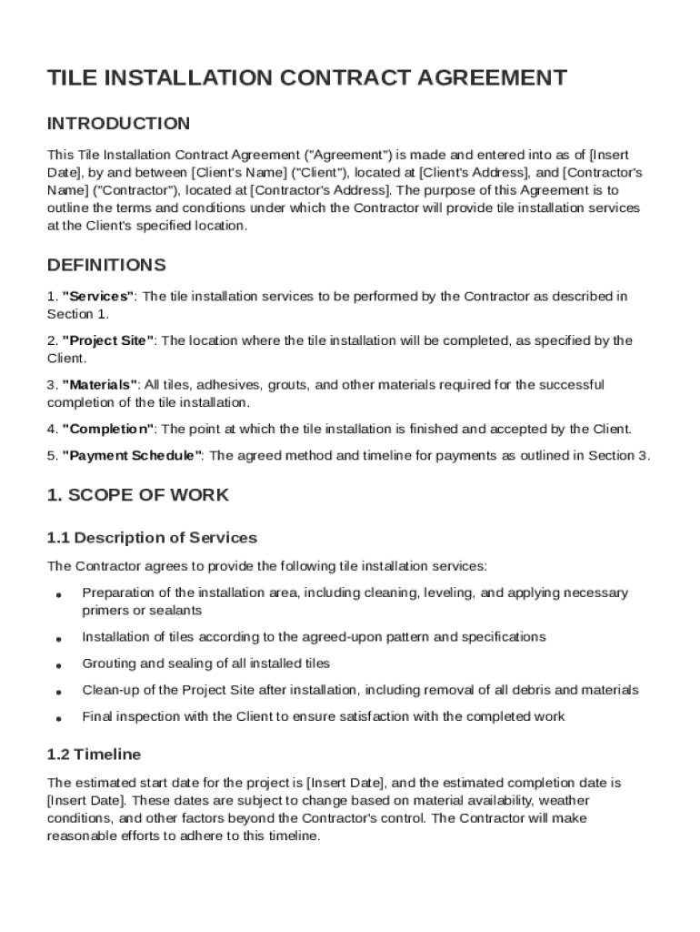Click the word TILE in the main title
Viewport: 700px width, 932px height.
71,78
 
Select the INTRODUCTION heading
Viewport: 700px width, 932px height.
118,124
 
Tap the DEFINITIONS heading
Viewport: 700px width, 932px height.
106,266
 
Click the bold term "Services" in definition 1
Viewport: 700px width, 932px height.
98,297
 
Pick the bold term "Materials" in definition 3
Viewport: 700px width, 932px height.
100,385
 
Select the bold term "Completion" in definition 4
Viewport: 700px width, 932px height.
108,429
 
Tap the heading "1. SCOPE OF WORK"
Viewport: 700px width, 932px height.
138,496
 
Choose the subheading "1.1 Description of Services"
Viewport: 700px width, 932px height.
152,538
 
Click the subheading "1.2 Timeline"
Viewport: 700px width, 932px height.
94,755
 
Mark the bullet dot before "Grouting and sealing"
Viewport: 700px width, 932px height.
58,665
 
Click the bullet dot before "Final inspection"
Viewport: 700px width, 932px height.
58,718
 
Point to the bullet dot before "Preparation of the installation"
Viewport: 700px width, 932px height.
58,594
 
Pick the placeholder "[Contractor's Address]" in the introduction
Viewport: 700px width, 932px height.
320,190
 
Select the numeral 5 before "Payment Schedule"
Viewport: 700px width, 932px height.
51,456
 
